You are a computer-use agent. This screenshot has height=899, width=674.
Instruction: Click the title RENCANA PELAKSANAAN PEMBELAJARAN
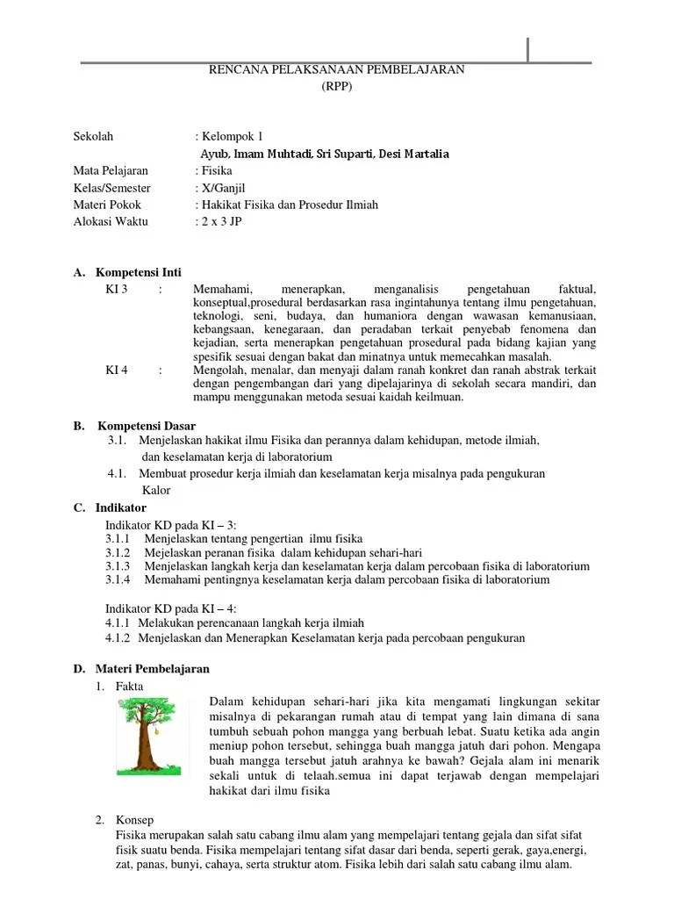336,70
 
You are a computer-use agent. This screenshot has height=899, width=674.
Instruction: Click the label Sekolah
93,137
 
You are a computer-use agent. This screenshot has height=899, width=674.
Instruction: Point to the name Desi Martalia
413,155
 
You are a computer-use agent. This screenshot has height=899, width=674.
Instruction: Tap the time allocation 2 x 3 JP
221,222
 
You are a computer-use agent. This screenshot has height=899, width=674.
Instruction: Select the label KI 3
117,290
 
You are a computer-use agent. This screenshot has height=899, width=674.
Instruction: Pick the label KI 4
117,370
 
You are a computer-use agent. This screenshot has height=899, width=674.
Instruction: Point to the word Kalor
156,491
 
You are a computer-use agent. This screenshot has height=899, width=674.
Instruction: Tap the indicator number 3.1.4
118,580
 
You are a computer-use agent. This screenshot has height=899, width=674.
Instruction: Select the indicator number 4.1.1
118,622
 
